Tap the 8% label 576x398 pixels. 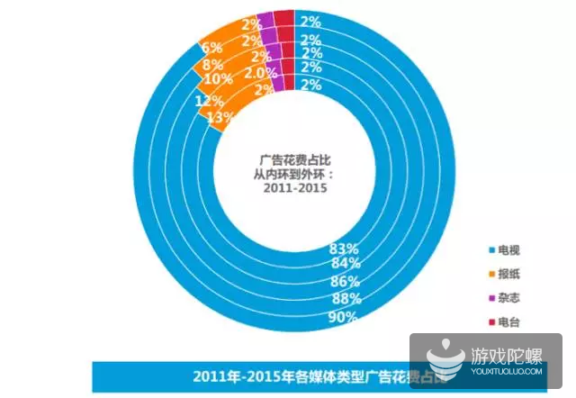tap(213, 65)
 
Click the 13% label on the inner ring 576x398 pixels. tap(220, 117)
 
